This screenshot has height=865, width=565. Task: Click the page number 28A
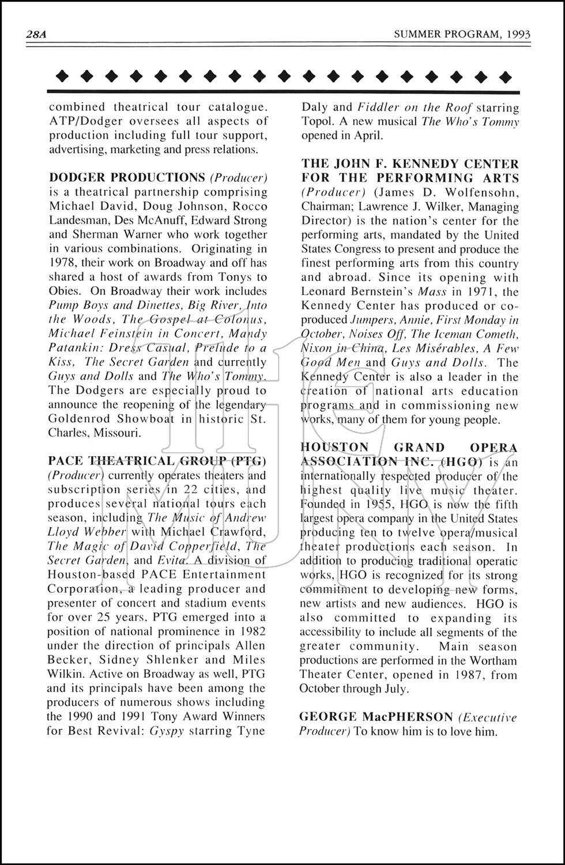tap(36, 35)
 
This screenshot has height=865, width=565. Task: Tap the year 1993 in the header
tap(517, 35)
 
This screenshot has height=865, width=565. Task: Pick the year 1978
tap(63, 263)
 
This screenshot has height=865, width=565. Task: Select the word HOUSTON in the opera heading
tap(334, 447)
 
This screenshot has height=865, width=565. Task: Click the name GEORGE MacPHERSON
tap(376, 717)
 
